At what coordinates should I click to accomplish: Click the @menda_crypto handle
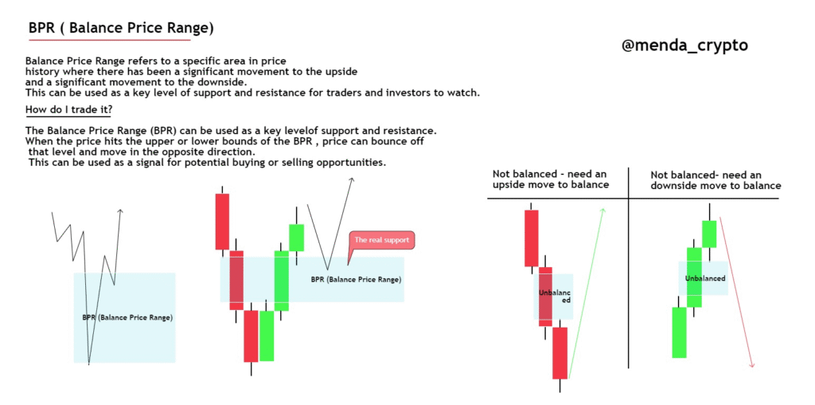pos(684,45)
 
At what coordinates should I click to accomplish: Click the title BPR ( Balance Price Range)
pos(121,28)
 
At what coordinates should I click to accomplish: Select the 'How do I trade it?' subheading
pos(68,110)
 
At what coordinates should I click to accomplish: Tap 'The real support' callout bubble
pos(381,240)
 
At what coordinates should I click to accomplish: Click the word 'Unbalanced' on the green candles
pos(705,278)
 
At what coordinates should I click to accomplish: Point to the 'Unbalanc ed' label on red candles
pos(555,297)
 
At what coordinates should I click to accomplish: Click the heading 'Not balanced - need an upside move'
pos(551,179)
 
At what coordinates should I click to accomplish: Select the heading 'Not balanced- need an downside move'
pos(716,179)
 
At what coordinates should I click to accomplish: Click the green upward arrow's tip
pos(603,209)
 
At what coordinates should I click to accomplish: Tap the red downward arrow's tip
pos(752,367)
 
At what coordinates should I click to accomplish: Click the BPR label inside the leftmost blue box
pos(127,317)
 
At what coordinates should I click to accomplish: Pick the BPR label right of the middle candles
pos(356,279)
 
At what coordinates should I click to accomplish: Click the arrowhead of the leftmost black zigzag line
pos(121,210)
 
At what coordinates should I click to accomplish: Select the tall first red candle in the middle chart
pos(223,222)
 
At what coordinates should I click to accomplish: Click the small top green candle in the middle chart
pos(296,238)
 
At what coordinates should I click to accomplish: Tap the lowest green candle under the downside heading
pos(679,332)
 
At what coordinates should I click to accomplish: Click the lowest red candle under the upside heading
pos(560,353)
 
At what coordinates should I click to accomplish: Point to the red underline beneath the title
pos(110,40)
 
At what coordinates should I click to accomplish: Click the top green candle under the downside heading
pos(709,234)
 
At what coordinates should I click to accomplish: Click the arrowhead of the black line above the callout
pos(352,179)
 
